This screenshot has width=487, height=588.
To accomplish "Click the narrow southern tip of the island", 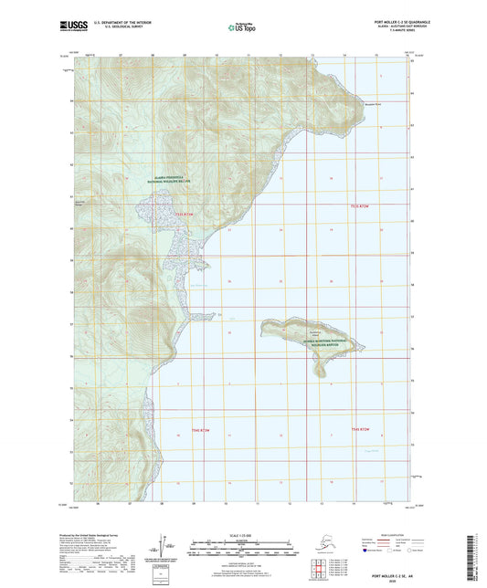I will click(x=320, y=374).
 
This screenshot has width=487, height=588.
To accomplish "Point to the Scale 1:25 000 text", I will click(x=243, y=535).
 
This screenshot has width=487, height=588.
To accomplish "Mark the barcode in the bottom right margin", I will click(x=479, y=552).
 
